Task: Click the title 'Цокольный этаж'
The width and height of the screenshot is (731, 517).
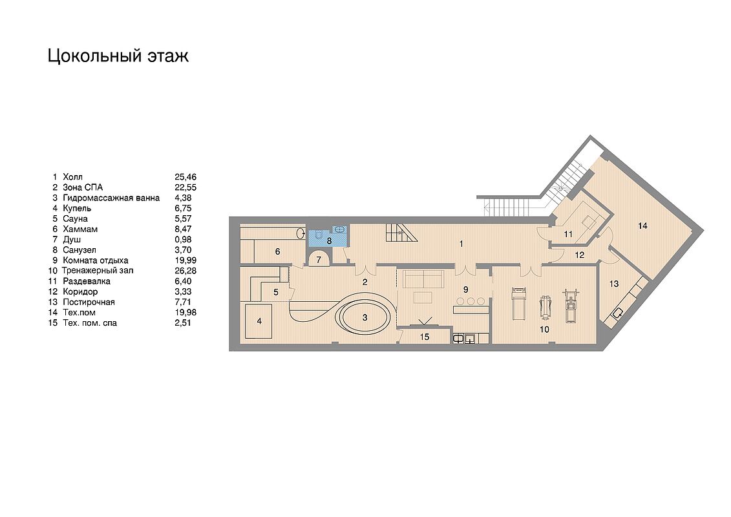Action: [x=118, y=56]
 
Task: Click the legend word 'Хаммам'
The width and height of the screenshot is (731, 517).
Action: [x=80, y=229]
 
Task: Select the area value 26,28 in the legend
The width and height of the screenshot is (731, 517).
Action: [x=185, y=270]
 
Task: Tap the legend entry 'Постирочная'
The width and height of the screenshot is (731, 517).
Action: [x=89, y=302]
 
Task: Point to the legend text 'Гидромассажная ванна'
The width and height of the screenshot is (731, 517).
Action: [x=111, y=198]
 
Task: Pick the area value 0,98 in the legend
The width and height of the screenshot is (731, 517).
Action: [x=183, y=240]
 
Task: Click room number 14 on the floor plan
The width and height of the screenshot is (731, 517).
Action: [x=642, y=226]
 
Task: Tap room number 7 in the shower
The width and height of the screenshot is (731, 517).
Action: [x=319, y=260]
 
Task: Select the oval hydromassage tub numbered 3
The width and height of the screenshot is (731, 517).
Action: [x=365, y=317]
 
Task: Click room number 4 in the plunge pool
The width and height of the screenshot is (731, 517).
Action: [x=259, y=321]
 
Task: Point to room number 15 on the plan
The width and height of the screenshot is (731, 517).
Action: [x=424, y=337]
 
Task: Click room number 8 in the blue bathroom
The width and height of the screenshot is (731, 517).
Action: [x=329, y=241]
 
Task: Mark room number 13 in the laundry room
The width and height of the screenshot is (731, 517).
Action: [x=614, y=284]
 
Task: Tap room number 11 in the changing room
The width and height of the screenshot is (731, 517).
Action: [x=568, y=235]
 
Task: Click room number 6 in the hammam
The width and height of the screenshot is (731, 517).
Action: [x=277, y=252]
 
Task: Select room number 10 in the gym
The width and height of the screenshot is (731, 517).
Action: [x=544, y=330]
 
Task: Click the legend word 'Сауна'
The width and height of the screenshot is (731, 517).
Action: [x=75, y=218]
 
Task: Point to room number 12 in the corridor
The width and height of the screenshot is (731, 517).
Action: [x=580, y=255]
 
